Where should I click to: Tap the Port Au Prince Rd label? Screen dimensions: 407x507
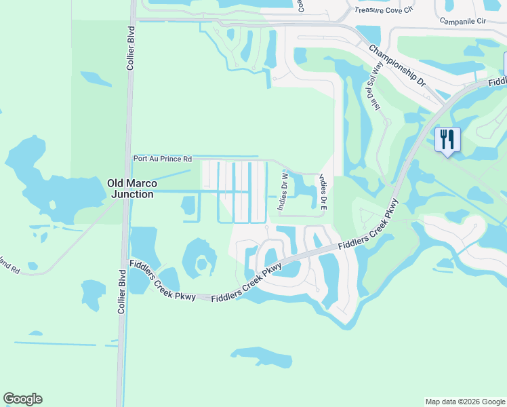pos(162,158)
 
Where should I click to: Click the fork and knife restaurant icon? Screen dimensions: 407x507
pos(447,140)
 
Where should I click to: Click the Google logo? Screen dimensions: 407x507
pos(22,399)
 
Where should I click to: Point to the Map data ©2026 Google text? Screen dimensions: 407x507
pos(464,402)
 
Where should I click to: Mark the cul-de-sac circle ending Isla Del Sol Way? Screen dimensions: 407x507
pos(387,123)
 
